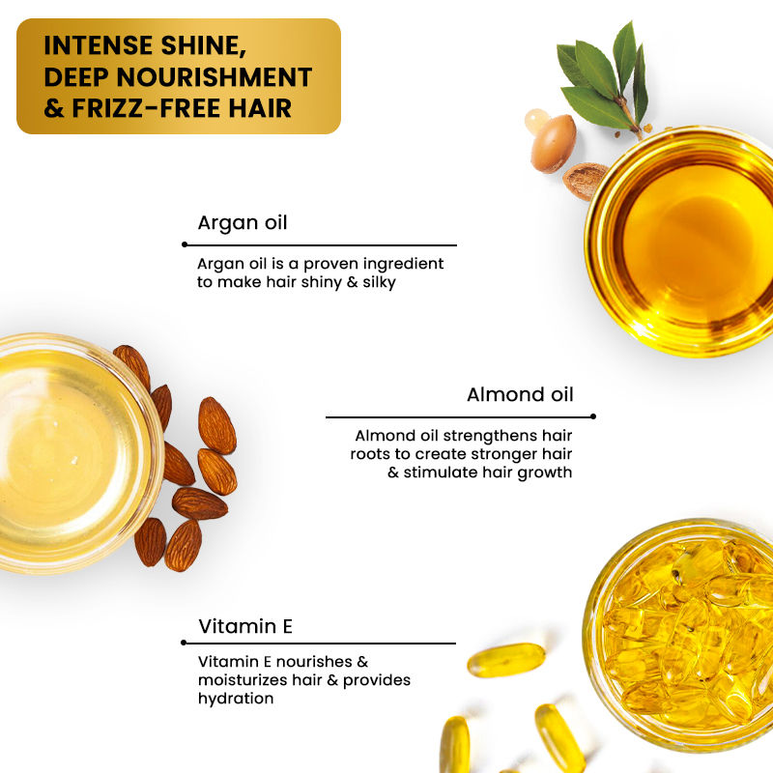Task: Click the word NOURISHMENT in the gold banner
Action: (214, 77)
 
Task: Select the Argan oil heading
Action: (243, 223)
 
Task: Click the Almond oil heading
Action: (520, 394)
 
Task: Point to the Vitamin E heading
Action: (245, 626)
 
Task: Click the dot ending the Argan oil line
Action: (185, 244)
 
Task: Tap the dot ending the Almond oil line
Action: (593, 416)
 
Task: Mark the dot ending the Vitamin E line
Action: (184, 643)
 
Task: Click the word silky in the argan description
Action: (379, 282)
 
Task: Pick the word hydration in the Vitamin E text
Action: (236, 699)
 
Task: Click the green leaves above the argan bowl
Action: (603, 79)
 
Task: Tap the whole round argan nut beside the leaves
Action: (553, 143)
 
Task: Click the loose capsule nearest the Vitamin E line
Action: (505, 660)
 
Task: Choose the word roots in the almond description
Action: (370, 454)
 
